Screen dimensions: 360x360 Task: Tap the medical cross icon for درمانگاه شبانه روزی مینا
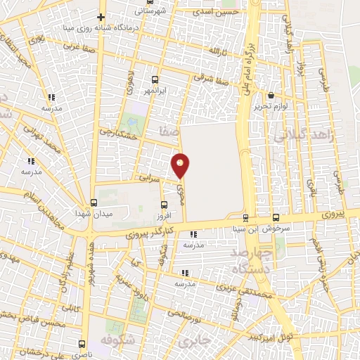(x=101, y=17)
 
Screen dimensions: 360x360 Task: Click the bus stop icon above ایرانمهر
(x=155, y=79)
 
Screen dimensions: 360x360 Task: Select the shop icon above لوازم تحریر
(x=271, y=95)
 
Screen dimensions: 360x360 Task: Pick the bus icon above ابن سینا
(x=245, y=217)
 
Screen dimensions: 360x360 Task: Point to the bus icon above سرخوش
(x=276, y=217)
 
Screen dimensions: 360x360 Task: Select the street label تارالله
(x=215, y=51)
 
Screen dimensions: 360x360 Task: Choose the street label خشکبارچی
(x=115, y=131)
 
